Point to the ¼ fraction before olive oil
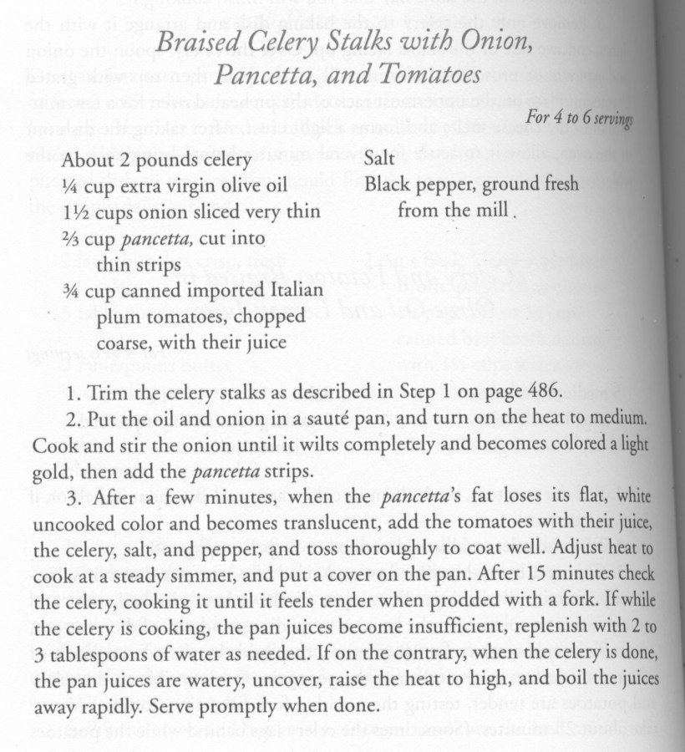coord(70,185)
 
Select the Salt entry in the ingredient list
coord(380,159)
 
